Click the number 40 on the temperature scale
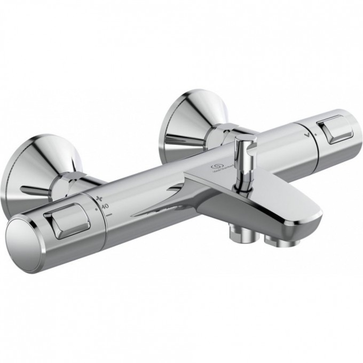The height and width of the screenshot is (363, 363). pyautogui.click(x=104, y=207)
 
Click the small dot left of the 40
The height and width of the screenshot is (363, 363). pyautogui.click(x=96, y=210)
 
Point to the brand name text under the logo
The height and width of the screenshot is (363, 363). pyautogui.click(x=220, y=173)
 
